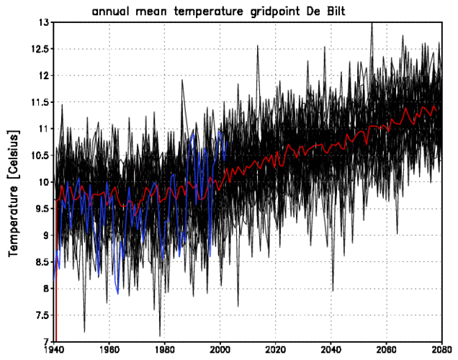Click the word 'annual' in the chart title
pos(114,12)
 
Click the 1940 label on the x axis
pos(54,351)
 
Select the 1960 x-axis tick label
pos(109,351)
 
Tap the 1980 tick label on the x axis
pos(165,351)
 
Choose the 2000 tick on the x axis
pos(220,351)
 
